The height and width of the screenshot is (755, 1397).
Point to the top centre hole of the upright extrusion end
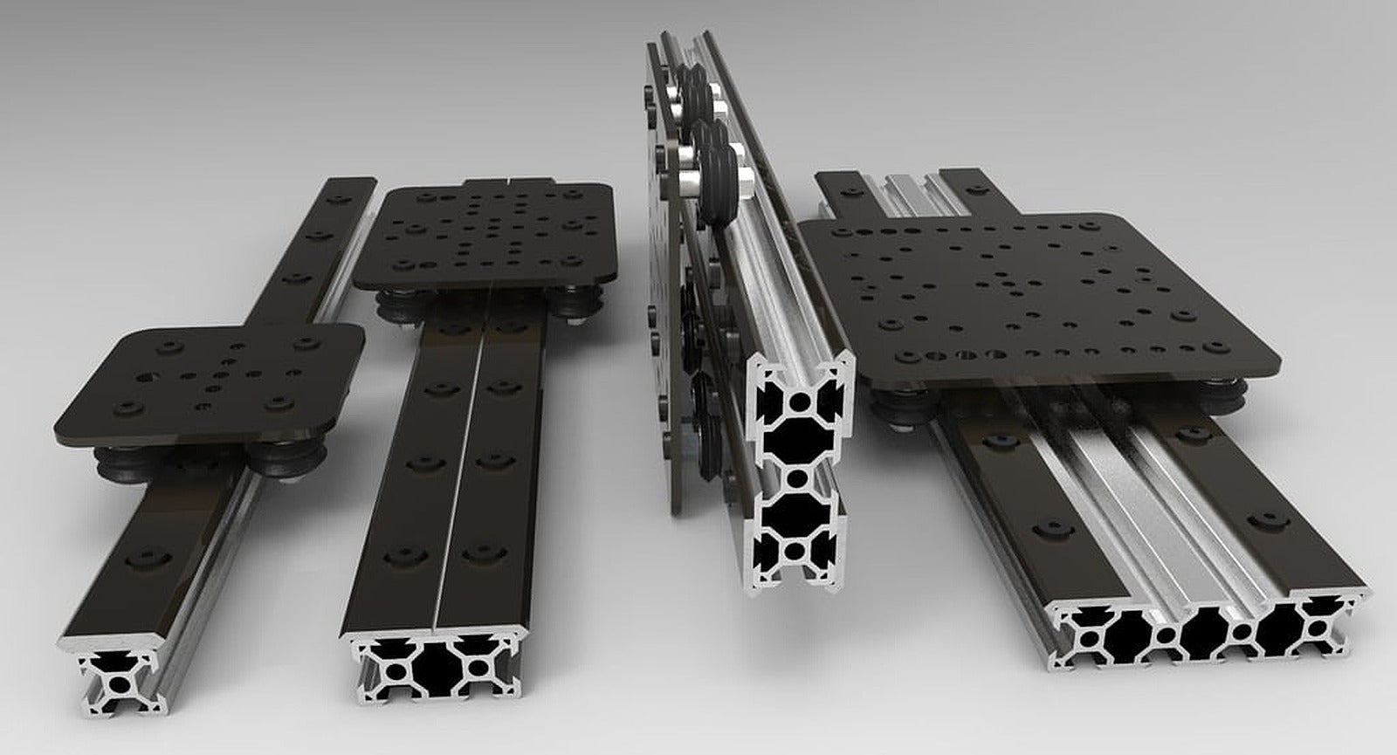click(x=800, y=402)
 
